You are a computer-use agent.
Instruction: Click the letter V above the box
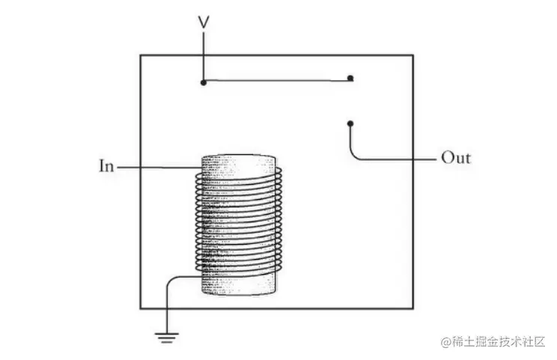tap(203, 22)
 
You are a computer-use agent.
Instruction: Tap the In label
tap(106, 165)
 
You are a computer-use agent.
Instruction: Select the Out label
tap(456, 158)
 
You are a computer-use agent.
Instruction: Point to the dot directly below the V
tap(203, 82)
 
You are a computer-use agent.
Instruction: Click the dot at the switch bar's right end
tap(351, 78)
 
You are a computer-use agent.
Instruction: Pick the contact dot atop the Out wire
tap(350, 123)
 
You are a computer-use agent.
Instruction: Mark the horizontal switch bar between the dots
tap(277, 80)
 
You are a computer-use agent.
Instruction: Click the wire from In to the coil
tap(157, 166)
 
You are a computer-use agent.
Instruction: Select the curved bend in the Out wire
tap(354, 153)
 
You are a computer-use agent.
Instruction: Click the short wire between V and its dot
tap(203, 56)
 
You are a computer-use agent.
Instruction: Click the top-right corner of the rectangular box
tap(413, 55)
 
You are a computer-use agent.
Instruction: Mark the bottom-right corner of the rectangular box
tap(413, 308)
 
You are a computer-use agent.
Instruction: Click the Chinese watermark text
tap(497, 342)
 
